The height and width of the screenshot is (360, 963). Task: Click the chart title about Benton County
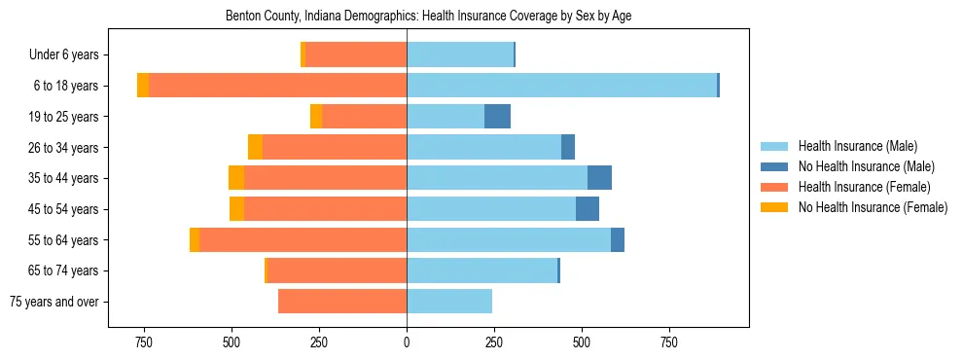tap(428, 17)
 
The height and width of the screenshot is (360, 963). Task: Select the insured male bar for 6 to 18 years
tap(561, 86)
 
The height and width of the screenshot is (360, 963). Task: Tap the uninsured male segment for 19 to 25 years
tap(497, 117)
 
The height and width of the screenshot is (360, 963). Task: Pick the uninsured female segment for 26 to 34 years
tap(255, 147)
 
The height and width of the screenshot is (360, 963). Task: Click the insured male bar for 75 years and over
tap(449, 302)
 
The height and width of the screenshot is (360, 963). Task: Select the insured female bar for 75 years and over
tap(342, 302)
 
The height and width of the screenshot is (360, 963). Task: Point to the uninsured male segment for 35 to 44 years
tap(599, 178)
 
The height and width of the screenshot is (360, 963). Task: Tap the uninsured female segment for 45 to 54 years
tap(236, 209)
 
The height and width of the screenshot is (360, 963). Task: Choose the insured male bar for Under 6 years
tap(459, 54)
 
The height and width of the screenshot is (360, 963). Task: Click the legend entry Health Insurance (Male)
tap(857, 146)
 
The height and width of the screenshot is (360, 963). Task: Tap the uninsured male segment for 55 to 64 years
tap(618, 240)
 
